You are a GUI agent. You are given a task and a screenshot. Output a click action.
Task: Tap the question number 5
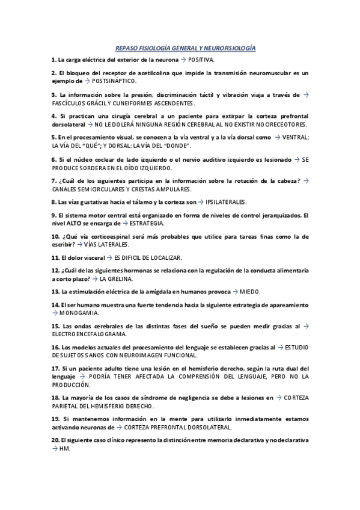click(x=54, y=138)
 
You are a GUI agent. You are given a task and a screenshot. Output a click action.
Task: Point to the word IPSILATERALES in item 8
click(x=225, y=201)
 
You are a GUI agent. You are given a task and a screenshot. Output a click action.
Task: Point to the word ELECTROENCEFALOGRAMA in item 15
click(x=89, y=334)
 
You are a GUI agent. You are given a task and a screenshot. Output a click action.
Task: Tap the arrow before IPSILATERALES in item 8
click(x=200, y=201)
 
